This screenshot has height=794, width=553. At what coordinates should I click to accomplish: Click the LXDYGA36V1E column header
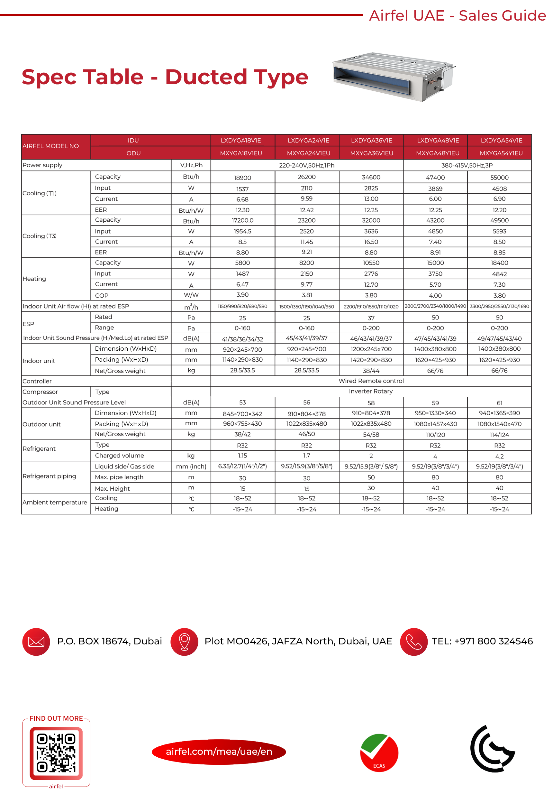[x=371, y=140]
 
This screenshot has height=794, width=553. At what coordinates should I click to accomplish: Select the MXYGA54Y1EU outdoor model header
[x=501, y=153]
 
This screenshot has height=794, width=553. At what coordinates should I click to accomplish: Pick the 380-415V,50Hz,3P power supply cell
[x=467, y=165]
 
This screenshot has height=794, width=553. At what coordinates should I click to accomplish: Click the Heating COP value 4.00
[x=435, y=296]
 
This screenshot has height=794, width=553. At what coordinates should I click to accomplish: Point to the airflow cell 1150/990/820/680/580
[x=242, y=306]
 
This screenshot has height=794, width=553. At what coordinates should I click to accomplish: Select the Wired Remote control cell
[x=371, y=381]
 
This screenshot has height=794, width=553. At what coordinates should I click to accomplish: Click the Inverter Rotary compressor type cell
[x=370, y=391]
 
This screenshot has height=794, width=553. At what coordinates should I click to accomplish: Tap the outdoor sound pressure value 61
[x=499, y=403]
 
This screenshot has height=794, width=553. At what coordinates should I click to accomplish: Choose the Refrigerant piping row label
[x=49, y=476]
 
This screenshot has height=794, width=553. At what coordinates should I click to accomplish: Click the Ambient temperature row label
[x=55, y=502]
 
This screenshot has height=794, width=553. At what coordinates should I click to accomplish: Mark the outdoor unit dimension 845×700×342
[x=242, y=414]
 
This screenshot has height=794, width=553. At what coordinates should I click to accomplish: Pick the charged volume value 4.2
[x=499, y=457]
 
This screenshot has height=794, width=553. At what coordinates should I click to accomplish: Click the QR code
[x=56, y=753]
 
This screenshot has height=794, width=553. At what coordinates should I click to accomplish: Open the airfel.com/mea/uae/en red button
[x=219, y=752]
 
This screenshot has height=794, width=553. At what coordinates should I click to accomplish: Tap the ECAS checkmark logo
[x=379, y=752]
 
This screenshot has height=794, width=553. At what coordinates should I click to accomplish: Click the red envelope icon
[x=36, y=642]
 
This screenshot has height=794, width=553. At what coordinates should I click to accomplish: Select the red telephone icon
[x=413, y=642]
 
